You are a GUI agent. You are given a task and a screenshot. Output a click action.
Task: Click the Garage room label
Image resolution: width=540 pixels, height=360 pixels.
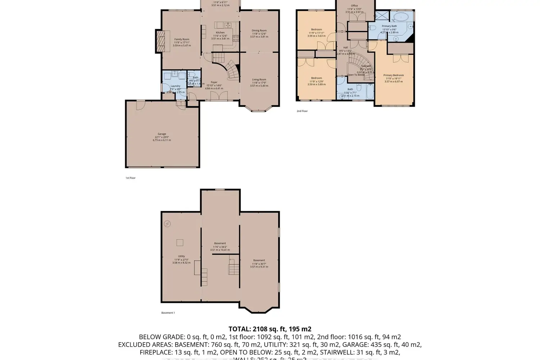tap(162, 134)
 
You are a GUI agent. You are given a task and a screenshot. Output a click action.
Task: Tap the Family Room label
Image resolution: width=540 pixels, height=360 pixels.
tap(182, 40)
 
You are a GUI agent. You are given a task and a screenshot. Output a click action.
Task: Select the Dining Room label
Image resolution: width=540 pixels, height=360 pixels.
tap(259, 31)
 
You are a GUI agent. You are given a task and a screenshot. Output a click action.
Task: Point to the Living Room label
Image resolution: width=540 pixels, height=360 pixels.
tap(259, 80)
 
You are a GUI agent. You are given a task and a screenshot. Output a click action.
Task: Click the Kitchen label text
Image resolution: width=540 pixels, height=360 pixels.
tap(220, 33)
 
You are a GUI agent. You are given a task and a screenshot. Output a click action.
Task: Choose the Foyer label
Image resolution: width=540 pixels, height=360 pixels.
tap(214, 82)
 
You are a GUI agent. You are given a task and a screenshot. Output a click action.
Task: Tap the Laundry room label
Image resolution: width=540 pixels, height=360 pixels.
tap(176, 86)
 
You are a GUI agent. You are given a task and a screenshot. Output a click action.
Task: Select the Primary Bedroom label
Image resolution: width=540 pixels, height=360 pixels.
tap(393, 76)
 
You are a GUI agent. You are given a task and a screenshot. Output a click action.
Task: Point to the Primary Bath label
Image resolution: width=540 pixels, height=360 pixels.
tap(389, 26)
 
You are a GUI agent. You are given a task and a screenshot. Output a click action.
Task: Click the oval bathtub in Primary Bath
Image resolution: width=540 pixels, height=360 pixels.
tap(401, 17)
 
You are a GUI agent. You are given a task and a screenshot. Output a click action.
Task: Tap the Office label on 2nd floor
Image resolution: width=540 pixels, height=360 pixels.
tap(355, 6)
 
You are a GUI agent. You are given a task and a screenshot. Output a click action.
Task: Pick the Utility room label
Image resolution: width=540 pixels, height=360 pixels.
tap(181, 256)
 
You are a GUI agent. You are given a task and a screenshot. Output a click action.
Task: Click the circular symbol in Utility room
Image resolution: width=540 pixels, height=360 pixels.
tap(167, 224)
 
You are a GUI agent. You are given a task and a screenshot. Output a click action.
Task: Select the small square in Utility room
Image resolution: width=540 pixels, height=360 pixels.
tap(180, 243)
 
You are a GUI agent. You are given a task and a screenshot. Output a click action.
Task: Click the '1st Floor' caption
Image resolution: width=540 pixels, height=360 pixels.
tap(130, 178)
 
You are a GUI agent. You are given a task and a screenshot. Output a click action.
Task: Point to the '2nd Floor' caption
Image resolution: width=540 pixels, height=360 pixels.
tap(302, 111)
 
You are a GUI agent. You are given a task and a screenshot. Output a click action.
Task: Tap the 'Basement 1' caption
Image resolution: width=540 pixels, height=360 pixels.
tap(168, 313)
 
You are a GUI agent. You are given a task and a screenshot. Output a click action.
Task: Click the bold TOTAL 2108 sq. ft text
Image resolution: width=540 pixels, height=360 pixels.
tap(270, 329)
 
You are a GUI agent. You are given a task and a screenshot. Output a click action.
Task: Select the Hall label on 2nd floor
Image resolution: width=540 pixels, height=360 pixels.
tap(346, 48)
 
